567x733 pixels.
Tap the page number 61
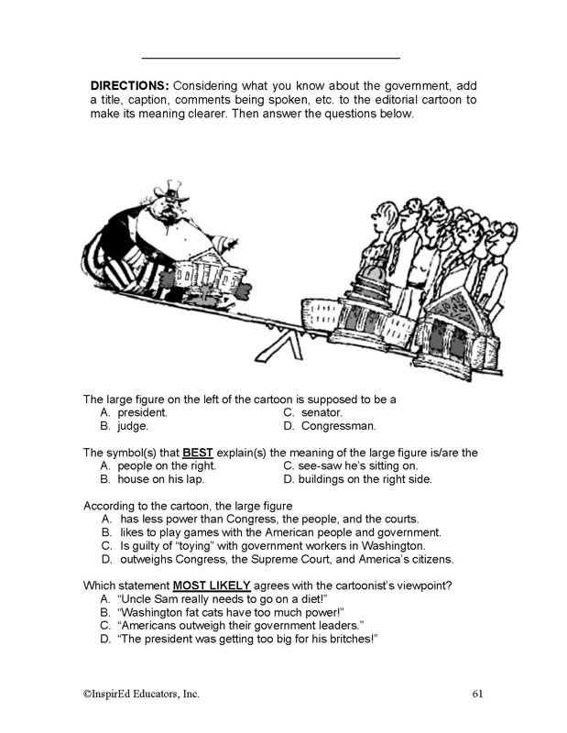(x=477, y=693)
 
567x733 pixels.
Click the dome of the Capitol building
(x=360, y=282)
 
